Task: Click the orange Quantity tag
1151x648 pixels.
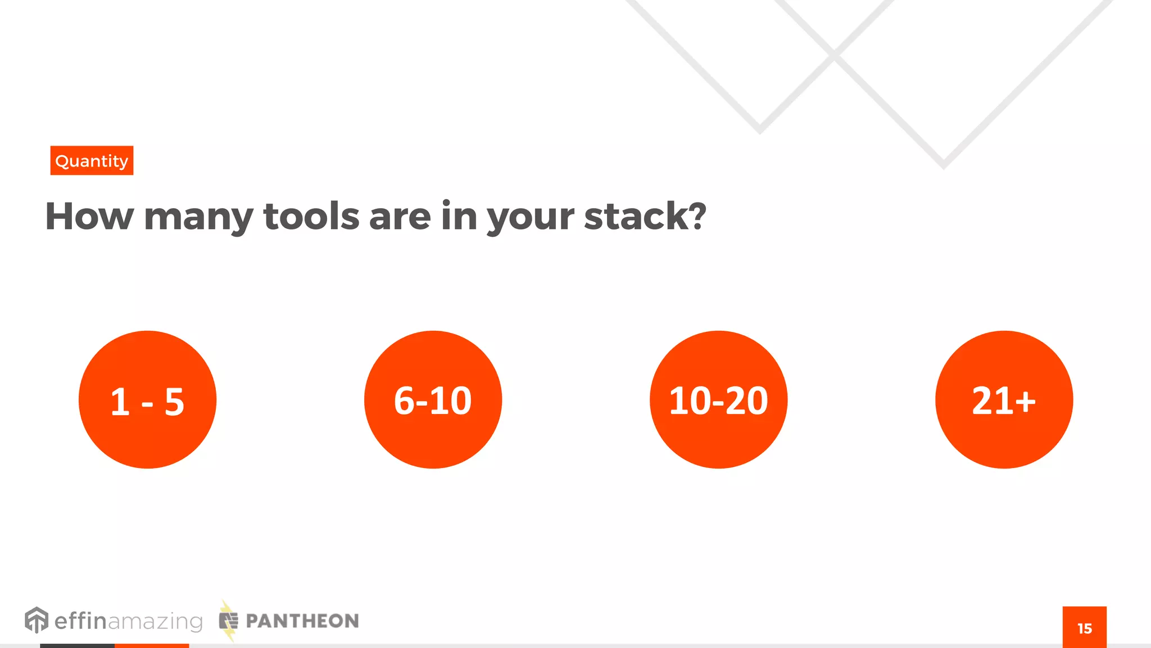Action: [92, 161]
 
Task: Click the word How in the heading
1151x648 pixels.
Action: [89, 217]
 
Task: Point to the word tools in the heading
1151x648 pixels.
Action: [311, 217]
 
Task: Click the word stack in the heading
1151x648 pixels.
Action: [635, 217]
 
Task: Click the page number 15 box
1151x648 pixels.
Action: [1084, 628]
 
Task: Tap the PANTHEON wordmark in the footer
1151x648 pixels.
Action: [302, 621]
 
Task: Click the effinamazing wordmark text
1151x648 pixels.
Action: [128, 621]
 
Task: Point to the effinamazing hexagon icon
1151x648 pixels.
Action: [37, 620]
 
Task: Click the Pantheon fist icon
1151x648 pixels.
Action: [228, 621]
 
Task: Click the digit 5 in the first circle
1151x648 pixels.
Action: [174, 402]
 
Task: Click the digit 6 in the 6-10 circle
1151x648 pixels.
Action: [404, 401]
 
